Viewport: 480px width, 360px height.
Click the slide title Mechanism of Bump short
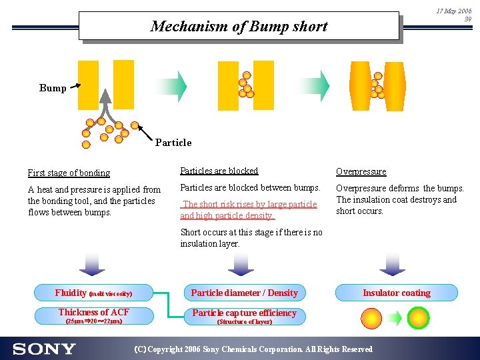239,27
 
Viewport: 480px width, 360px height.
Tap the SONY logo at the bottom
44,349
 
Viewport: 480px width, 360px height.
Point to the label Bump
53,88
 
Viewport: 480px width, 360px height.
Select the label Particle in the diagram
173,142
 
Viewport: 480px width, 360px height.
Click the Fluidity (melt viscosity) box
93,293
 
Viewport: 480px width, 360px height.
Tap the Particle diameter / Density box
244,293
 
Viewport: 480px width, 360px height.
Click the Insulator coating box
396,293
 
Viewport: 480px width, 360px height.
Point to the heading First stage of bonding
69,173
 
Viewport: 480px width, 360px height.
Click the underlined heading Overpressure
361,172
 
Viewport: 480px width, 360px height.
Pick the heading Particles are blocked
219,171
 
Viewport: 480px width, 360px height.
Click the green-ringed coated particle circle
419,318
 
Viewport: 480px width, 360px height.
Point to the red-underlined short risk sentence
248,210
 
